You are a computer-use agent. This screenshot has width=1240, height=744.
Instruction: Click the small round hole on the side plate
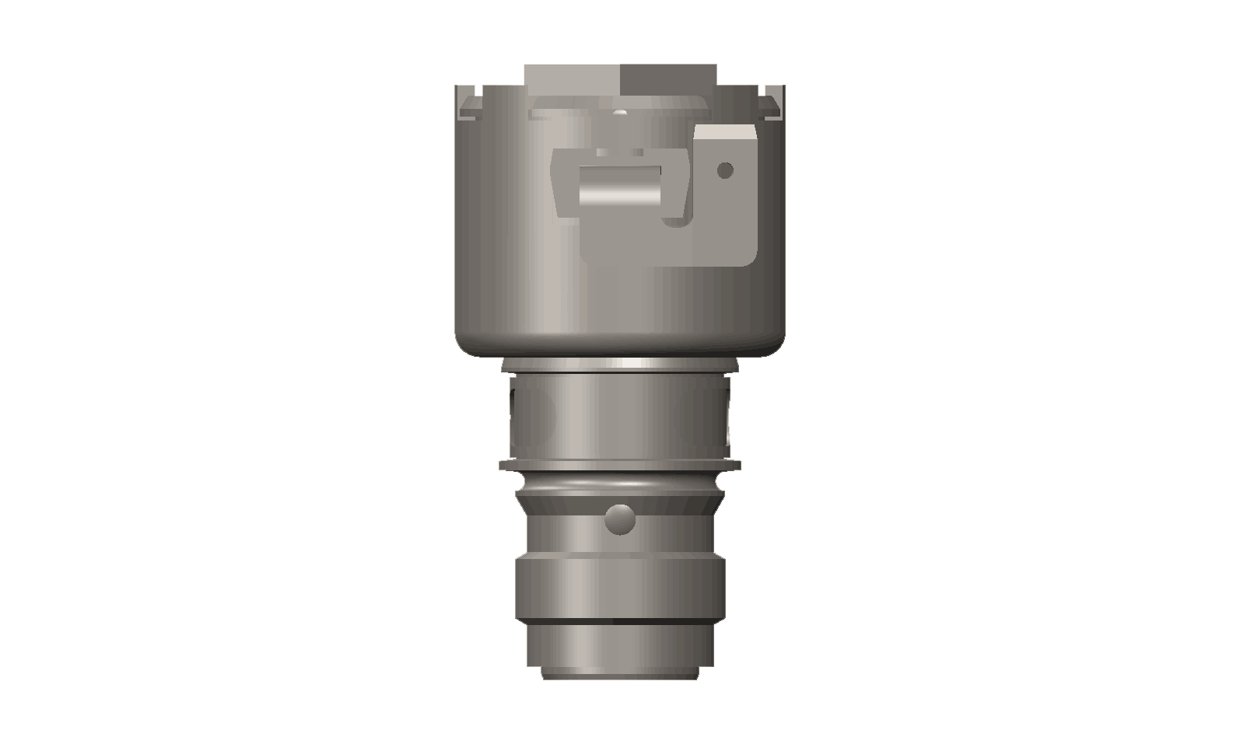pyautogui.click(x=725, y=169)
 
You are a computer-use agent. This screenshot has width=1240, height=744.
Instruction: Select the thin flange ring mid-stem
pyautogui.click(x=619, y=466)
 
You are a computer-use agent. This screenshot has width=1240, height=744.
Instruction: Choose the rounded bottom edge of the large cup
pyautogui.click(x=619, y=347)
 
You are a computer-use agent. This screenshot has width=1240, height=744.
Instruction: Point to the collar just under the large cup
pyautogui.click(x=619, y=365)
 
